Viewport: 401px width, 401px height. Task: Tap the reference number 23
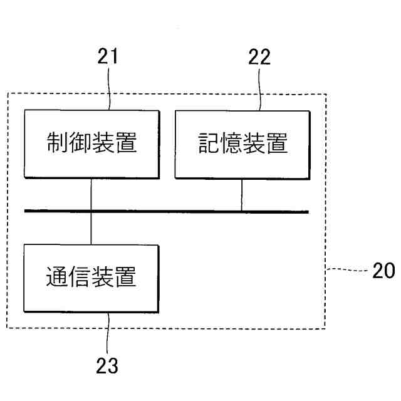tap(107, 365)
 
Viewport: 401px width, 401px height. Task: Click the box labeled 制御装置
tap(91, 144)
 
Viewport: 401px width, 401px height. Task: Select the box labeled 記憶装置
tap(241, 144)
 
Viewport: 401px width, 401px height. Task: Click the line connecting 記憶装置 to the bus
tap(241, 195)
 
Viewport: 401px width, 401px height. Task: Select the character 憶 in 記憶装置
tap(230, 144)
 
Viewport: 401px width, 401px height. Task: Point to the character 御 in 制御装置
tap(80, 144)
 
